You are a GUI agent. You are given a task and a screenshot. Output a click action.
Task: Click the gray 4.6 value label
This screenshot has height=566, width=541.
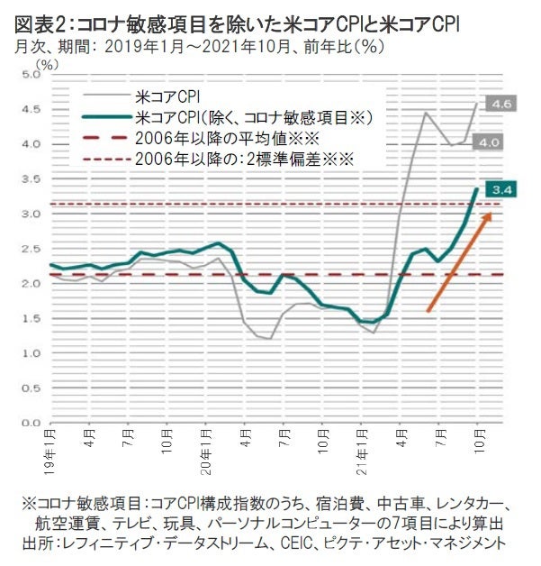(500, 105)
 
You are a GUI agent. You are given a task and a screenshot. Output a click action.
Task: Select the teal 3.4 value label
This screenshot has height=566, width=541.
(500, 189)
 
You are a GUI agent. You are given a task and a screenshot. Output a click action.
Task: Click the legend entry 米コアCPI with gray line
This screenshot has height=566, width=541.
(171, 93)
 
